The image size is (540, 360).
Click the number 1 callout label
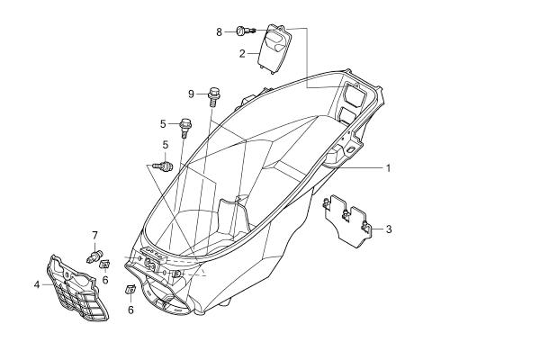pyautogui.click(x=389, y=168)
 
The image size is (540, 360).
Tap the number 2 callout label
pyautogui.click(x=242, y=54)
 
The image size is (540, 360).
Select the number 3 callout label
pyautogui.click(x=389, y=229)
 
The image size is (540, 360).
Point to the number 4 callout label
pyautogui.click(x=37, y=284)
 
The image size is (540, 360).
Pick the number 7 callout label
pyautogui.click(x=94, y=236)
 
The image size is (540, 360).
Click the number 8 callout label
pyautogui.click(x=220, y=32)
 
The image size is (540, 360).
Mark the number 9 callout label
pyautogui.click(x=191, y=94)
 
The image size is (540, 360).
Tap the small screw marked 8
pyautogui.click(x=246, y=31)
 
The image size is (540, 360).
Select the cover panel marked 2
pyautogui.click(x=274, y=49)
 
